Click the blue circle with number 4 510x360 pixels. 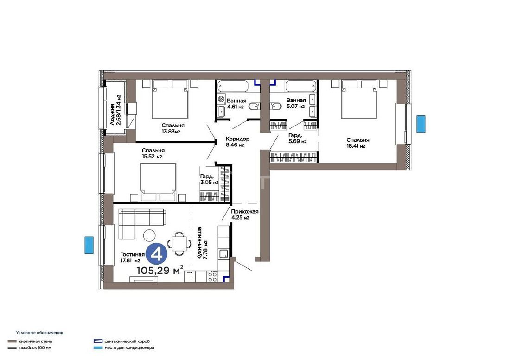(x=156, y=254)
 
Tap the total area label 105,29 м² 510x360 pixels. (x=159, y=270)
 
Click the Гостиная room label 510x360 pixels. (x=132, y=254)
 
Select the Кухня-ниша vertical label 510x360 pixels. (x=199, y=243)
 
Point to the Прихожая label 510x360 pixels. (x=245, y=212)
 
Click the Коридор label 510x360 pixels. (x=237, y=139)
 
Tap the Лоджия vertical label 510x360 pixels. (x=112, y=114)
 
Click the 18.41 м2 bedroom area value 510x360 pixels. (x=356, y=146)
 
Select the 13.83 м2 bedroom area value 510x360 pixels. (x=171, y=132)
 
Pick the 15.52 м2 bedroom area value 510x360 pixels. (x=152, y=157)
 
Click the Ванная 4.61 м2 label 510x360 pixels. (x=236, y=104)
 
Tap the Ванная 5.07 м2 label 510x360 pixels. (x=296, y=103)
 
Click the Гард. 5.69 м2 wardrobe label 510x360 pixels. (x=297, y=139)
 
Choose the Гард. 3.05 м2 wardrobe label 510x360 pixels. (x=209, y=179)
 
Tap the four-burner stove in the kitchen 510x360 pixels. (x=212, y=276)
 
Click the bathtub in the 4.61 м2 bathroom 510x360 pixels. (x=233, y=87)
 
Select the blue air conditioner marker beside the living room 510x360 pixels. (x=89, y=245)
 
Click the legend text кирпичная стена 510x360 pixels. (x=35, y=341)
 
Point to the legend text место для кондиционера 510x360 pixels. (x=129, y=347)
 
